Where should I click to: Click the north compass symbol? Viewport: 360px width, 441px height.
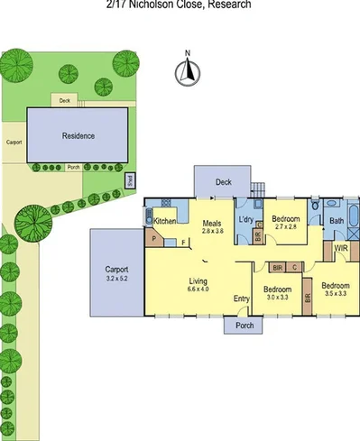[188, 71]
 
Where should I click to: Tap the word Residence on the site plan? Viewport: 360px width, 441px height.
[78, 136]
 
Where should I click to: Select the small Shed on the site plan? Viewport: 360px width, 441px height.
[128, 180]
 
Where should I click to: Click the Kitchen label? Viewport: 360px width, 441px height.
[164, 221]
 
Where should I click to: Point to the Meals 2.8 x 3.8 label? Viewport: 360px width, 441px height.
[213, 226]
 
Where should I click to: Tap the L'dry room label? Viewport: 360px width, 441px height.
[245, 221]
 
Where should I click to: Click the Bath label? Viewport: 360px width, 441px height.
[336, 221]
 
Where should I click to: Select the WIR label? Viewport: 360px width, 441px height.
[341, 247]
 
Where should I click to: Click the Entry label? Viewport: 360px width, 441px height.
[241, 299]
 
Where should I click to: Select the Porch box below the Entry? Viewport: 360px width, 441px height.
[242, 326]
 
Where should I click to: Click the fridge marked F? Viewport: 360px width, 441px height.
[183, 242]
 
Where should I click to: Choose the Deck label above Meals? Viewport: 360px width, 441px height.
[223, 181]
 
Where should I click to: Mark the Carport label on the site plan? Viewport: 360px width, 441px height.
[14, 142]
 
